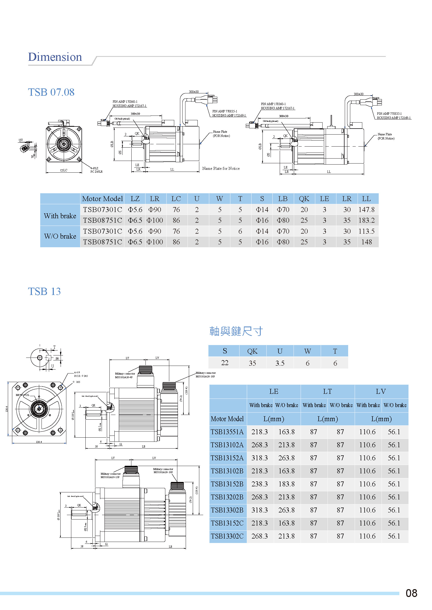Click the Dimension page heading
(55, 57)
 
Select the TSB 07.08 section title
(51, 92)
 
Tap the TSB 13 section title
(44, 292)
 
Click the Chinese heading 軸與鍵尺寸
(236, 331)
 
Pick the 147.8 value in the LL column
(366, 210)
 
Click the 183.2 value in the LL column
(366, 220)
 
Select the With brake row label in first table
(60, 216)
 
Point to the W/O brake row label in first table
(60, 236)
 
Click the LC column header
(176, 199)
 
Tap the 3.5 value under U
(280, 363)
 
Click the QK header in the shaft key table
(252, 351)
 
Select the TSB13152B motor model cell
(227, 484)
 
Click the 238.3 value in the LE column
(259, 484)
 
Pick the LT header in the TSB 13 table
(327, 391)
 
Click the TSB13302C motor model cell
(227, 536)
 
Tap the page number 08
(411, 593)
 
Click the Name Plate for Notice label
(221, 168)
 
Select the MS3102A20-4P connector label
(124, 377)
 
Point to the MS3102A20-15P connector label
(110, 477)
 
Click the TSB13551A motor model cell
(227, 432)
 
